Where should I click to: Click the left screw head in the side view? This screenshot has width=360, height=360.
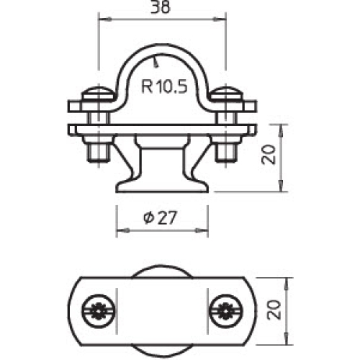[x=96, y=94]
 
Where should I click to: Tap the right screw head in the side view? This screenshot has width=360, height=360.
[x=229, y=94]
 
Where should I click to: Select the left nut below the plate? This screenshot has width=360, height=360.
[x=96, y=152]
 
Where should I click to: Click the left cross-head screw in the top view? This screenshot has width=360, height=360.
[x=98, y=310]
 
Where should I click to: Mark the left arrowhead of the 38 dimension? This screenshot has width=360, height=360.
[x=101, y=19]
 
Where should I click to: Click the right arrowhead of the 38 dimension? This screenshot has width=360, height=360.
[x=223, y=19]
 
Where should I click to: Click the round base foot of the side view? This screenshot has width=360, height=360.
[x=162, y=186]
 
